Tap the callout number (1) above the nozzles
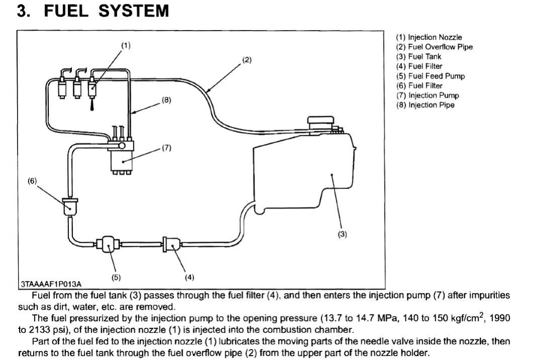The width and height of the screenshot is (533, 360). coord(125,45)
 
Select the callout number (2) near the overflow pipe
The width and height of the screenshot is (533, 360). coord(246,60)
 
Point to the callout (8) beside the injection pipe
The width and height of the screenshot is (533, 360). coord(166,100)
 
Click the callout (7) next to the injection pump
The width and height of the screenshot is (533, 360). coord(166,148)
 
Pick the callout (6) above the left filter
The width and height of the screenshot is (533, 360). coord(33,181)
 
